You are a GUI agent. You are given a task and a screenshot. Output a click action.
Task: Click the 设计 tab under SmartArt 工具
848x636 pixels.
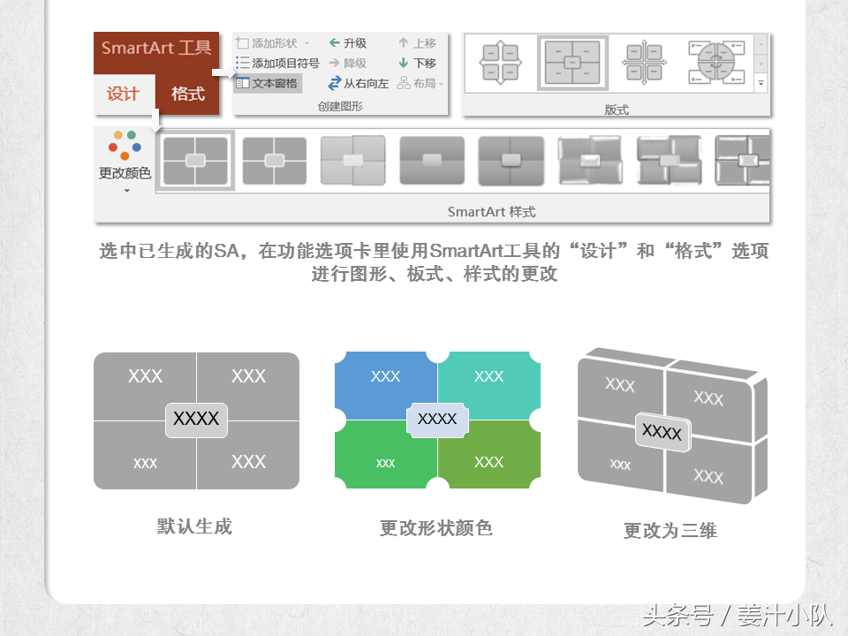tap(124, 95)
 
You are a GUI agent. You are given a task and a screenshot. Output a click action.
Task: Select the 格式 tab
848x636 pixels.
tap(187, 95)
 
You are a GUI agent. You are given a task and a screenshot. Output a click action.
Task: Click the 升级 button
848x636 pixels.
tap(348, 42)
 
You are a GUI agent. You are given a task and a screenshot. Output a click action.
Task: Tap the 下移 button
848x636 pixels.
tap(417, 63)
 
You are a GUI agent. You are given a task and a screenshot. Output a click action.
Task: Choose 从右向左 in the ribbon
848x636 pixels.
tap(358, 83)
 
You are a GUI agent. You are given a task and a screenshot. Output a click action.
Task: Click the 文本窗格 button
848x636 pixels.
tap(267, 83)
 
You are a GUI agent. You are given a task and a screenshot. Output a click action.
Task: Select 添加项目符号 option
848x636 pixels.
tap(278, 63)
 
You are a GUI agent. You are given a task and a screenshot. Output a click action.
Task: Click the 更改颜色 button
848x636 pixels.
tap(125, 161)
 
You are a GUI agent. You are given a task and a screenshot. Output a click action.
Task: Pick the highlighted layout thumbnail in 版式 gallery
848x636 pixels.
tap(572, 63)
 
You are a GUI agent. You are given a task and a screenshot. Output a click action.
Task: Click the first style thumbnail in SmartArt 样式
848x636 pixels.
tap(195, 161)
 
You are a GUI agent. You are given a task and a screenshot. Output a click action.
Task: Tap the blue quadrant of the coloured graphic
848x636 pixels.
tap(385, 385)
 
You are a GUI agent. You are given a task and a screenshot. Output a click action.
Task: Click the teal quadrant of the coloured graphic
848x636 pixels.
tap(488, 385)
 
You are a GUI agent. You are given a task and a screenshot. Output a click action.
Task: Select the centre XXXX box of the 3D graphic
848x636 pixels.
tap(662, 432)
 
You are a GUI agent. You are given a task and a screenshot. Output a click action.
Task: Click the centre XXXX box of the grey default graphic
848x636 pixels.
tap(196, 420)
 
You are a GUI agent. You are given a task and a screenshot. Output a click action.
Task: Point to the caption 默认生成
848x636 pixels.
tap(194, 526)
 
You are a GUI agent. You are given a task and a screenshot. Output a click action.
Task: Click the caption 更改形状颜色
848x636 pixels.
tap(435, 528)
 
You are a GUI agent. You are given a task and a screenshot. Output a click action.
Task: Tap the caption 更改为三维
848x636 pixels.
tap(670, 531)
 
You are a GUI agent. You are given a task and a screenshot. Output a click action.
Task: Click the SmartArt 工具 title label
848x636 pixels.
tap(156, 48)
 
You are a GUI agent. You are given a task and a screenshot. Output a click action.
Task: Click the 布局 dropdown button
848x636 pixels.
tap(420, 83)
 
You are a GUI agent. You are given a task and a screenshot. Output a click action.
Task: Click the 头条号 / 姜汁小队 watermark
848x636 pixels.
tap(737, 615)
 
